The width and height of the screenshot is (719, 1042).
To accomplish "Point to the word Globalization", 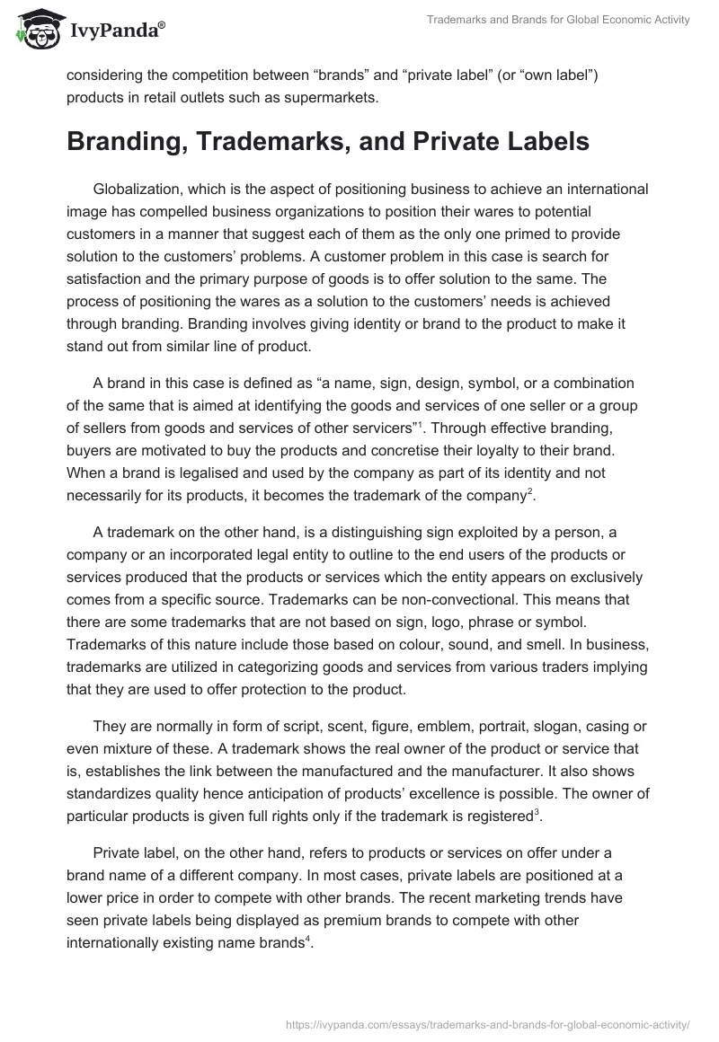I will coord(138,190).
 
